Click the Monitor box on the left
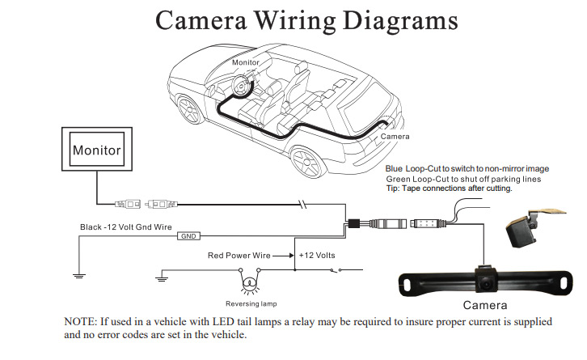pyautogui.click(x=97, y=150)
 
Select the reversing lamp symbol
pyautogui.click(x=251, y=283)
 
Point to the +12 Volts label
pyautogui.click(x=317, y=255)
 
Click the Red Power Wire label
pyautogui.click(x=239, y=255)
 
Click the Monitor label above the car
pyautogui.click(x=246, y=62)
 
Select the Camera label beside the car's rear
pyautogui.click(x=395, y=137)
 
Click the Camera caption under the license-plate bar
pyautogui.click(x=485, y=305)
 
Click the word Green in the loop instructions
pyautogui.click(x=399, y=179)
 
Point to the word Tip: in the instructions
pyautogui.click(x=393, y=188)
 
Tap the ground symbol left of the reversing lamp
pyautogui.click(x=163, y=280)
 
